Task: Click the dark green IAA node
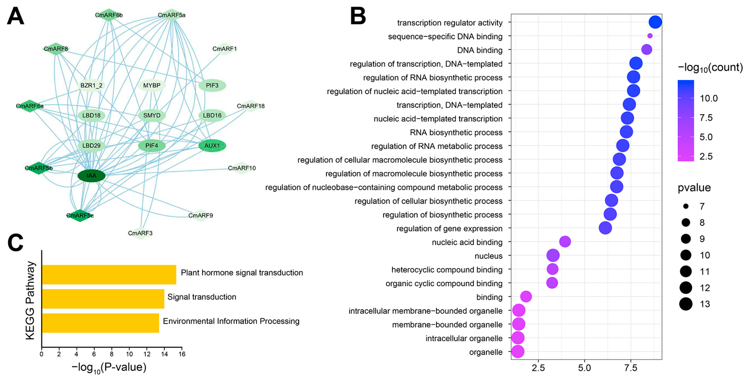tap(91, 175)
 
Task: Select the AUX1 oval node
tap(212, 145)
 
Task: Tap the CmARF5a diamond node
tap(171, 15)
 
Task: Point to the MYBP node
tap(152, 85)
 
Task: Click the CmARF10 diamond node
tap(242, 168)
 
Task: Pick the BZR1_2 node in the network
tap(91, 85)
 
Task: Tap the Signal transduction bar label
tap(202, 297)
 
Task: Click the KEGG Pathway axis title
tap(30, 300)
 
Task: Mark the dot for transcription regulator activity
tap(655, 22)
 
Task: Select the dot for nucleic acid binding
tap(565, 241)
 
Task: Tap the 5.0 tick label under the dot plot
tap(584, 368)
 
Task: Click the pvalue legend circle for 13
tap(686, 304)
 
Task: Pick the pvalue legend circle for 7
tap(686, 206)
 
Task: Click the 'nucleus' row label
tap(488, 256)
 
